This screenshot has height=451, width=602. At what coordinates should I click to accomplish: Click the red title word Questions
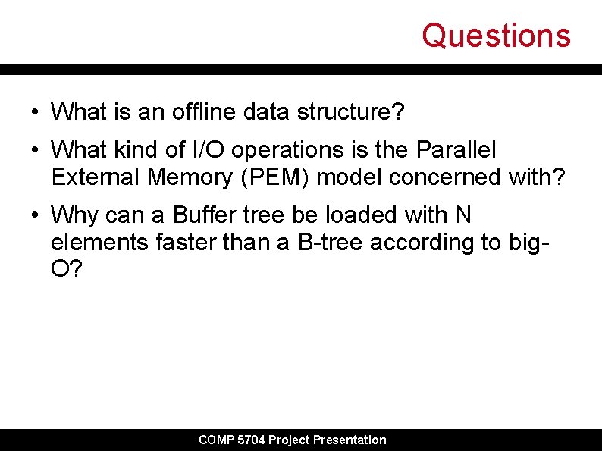pyautogui.click(x=496, y=36)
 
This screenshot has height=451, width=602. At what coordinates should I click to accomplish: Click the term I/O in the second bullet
pyautogui.click(x=209, y=150)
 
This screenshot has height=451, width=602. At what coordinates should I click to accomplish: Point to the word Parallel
pyautogui.click(x=456, y=150)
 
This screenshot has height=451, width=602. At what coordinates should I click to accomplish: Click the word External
pyautogui.click(x=96, y=177)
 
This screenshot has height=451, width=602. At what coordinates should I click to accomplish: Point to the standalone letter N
pyautogui.click(x=462, y=215)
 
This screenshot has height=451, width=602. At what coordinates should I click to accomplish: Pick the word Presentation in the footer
pyautogui.click(x=350, y=440)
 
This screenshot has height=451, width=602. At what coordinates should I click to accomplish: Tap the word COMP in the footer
pyautogui.click(x=216, y=440)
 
